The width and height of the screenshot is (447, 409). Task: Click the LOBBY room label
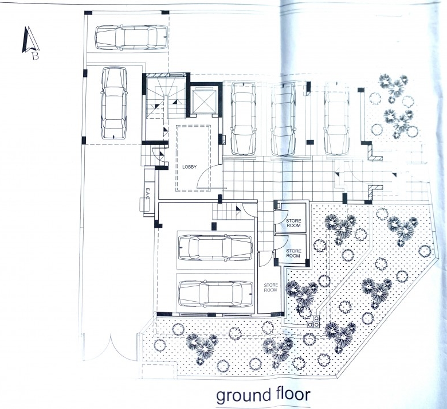click(x=189, y=167)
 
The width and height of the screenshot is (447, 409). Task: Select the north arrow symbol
click(x=30, y=40)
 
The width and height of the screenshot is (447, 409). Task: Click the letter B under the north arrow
click(x=35, y=56)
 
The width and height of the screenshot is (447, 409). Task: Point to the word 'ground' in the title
click(x=243, y=396)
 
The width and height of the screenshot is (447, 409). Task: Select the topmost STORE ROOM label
click(x=293, y=223)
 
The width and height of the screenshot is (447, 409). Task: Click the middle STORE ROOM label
click(x=293, y=254)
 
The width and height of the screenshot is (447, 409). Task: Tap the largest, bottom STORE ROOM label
click(x=270, y=288)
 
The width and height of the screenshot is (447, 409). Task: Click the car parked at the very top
click(x=131, y=37)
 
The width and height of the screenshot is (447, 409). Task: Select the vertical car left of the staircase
click(x=114, y=103)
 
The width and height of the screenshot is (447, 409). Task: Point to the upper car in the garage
click(x=215, y=247)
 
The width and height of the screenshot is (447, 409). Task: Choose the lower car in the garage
click(x=215, y=294)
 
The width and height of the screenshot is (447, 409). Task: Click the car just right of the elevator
click(x=243, y=119)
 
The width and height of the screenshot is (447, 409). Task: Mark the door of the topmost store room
click(x=283, y=216)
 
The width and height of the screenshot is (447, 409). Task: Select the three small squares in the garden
click(x=313, y=322)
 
